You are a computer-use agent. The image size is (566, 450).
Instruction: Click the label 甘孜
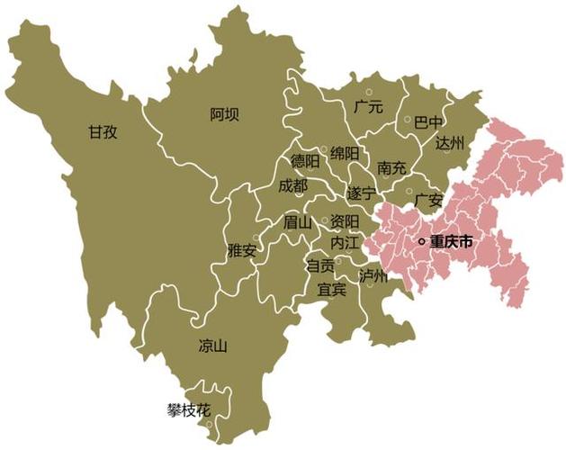[x=103, y=131]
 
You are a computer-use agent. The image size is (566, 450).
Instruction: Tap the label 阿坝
[x=225, y=113]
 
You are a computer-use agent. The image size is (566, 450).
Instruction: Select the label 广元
[x=368, y=107]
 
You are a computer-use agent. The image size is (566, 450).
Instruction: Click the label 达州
[x=449, y=143]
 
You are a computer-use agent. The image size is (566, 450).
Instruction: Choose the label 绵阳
[x=345, y=152]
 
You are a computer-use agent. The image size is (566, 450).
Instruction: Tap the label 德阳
[x=305, y=162]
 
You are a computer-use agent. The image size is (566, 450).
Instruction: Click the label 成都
[x=292, y=185]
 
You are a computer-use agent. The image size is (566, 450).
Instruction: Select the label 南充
[x=392, y=167]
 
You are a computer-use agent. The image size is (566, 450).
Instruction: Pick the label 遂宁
[x=362, y=193]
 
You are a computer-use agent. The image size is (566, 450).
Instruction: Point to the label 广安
[x=429, y=199]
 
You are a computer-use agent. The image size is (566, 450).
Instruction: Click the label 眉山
[x=297, y=221]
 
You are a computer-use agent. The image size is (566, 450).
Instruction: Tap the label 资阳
[x=345, y=221]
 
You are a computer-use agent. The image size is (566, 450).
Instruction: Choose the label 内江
[x=345, y=243]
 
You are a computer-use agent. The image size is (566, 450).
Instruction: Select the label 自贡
[x=320, y=265]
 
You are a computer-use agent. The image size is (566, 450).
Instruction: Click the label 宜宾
[x=331, y=290]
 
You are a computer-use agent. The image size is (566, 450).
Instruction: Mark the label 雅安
[x=242, y=250]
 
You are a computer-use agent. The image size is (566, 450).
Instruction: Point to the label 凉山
[x=212, y=346]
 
